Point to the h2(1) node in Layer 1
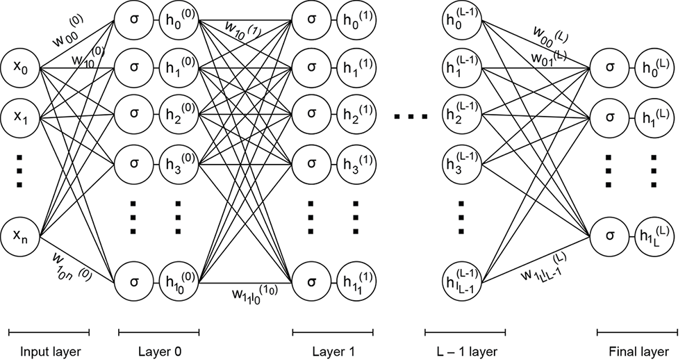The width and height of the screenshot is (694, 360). tap(355, 115)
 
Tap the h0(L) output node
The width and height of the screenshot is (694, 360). tap(652, 69)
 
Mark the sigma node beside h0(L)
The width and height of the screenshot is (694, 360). tap(609, 69)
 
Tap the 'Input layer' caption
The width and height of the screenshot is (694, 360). tap(51, 351)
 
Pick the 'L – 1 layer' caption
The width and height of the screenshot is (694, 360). tap(465, 351)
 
